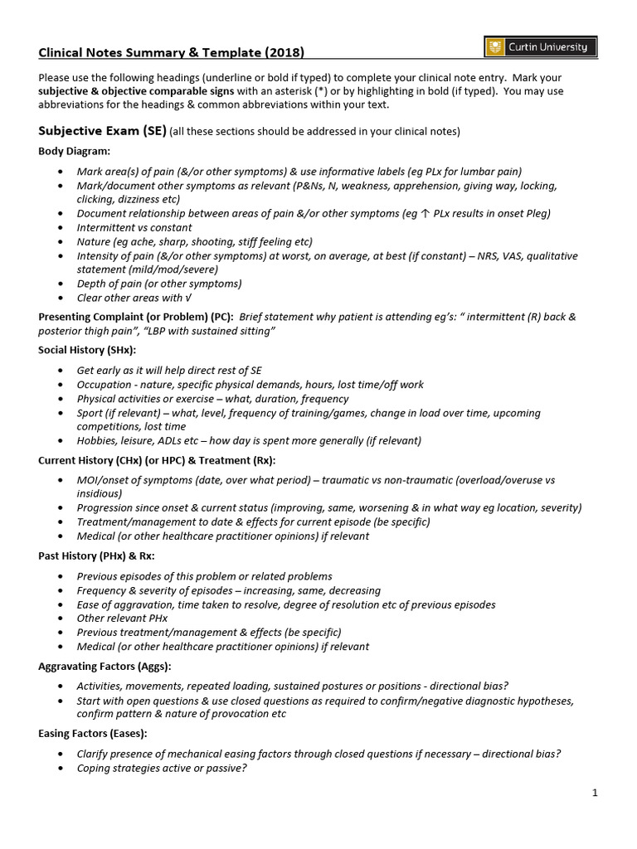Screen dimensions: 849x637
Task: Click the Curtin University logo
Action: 538,48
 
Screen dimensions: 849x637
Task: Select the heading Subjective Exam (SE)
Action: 102,131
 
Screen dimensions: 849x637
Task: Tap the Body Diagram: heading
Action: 74,151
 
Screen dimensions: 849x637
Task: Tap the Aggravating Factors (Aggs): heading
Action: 105,666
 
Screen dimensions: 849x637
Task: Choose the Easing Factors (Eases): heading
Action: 92,734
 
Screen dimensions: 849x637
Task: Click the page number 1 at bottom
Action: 595,793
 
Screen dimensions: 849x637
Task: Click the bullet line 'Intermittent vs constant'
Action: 134,227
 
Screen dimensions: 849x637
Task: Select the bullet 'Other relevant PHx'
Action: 122,619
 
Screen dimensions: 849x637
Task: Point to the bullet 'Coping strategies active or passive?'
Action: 162,768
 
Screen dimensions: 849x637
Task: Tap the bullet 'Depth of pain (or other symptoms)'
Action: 159,284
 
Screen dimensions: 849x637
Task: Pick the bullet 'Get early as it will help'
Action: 169,371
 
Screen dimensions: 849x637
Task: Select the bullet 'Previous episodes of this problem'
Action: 204,576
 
